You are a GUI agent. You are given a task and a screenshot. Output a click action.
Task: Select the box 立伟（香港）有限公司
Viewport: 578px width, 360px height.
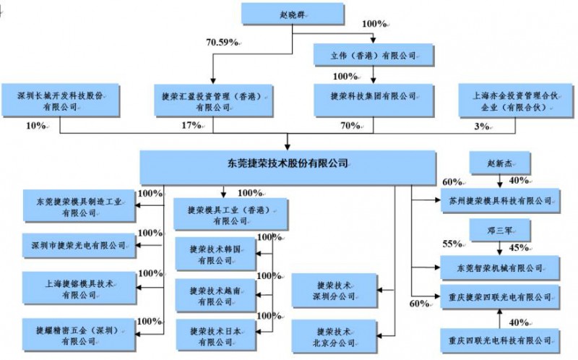372,54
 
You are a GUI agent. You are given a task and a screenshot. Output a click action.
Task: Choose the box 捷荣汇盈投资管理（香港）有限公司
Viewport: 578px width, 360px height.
213,100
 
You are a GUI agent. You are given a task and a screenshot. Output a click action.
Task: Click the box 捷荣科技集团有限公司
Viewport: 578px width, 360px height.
373,95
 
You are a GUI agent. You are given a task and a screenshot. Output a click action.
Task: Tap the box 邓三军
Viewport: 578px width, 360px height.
499,231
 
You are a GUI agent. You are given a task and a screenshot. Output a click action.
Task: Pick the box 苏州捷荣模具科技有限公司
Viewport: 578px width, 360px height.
499,200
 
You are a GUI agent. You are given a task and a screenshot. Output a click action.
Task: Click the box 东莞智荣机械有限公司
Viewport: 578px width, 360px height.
499,267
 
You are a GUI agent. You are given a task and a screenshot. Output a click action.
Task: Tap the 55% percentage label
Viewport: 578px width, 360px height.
452,243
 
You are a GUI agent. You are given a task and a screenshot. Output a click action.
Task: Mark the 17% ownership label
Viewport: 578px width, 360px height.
190,125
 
